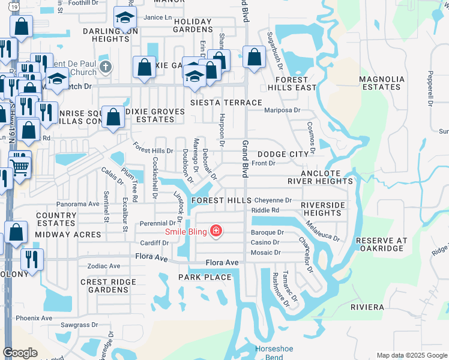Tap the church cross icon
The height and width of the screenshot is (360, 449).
pos(106,67)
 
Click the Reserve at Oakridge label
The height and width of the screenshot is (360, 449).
pos(382,245)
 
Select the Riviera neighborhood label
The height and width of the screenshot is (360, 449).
pos(367,307)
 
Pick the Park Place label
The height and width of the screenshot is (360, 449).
pos(205,277)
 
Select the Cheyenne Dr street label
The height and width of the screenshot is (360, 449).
pos(273,200)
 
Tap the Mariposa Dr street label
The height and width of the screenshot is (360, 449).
pos(282,110)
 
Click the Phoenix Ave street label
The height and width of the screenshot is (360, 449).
pos(34,318)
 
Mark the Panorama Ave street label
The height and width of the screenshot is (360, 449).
pos(77,204)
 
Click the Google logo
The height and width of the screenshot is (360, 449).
pos(20,353)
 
